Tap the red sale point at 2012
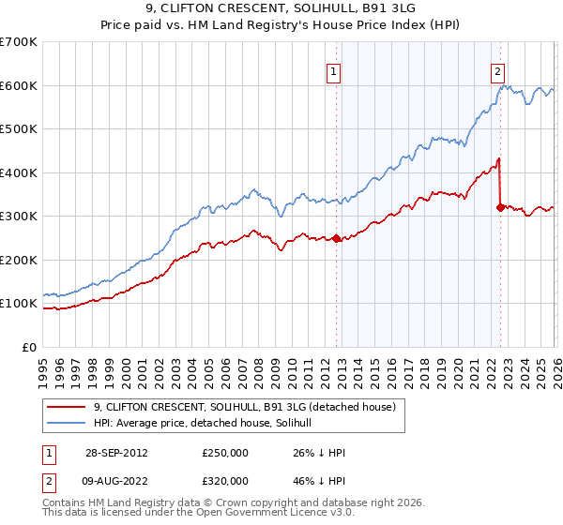coord(337,238)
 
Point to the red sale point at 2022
coord(500,207)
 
